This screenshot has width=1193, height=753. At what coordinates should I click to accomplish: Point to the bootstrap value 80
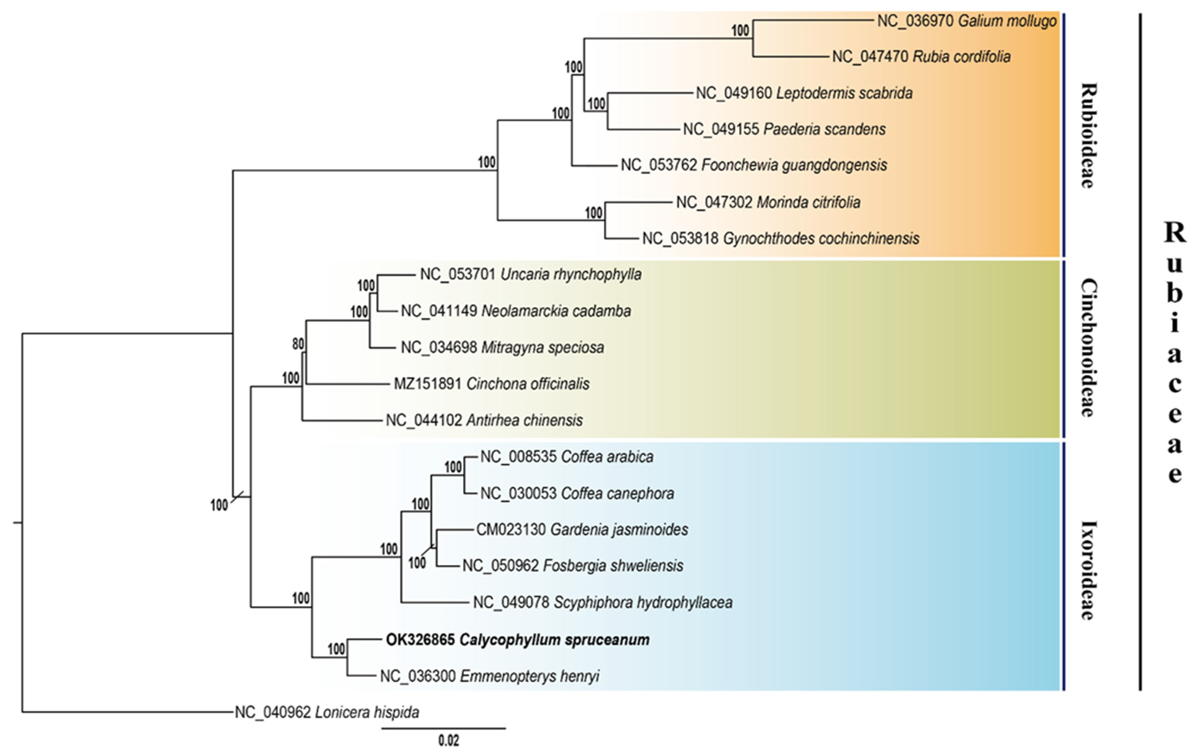pos(298,344)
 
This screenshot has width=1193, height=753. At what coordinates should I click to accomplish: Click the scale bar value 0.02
pos(448,741)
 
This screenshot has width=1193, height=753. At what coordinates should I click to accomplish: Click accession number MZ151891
pos(427,384)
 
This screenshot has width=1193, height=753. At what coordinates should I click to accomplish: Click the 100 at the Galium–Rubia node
pos(740,31)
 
